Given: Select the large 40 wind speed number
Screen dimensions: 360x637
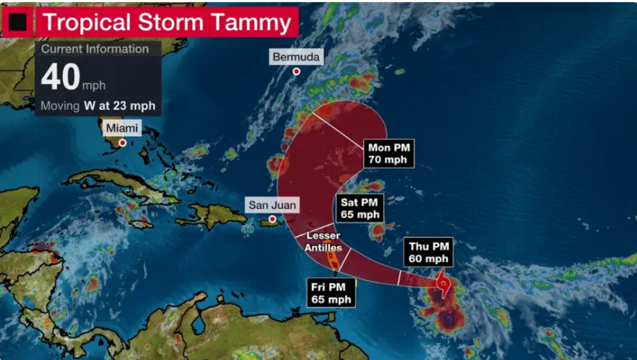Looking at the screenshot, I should point(61,77).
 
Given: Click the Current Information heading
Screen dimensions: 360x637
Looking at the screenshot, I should point(95,49).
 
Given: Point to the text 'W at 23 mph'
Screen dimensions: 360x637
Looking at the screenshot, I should point(119,106).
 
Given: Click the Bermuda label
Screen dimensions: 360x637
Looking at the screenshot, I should point(296,57).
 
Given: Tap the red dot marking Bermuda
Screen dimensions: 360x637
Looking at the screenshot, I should point(296,71).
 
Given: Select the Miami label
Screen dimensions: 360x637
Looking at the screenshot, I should point(122,128).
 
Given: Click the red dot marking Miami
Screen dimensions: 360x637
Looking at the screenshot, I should point(122,143).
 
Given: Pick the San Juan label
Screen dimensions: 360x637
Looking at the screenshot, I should point(272,206).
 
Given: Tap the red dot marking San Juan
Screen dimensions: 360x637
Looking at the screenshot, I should point(272,219).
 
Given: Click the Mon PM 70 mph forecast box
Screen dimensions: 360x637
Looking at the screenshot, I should point(388,153).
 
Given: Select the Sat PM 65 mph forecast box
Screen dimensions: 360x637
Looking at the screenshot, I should point(360,208).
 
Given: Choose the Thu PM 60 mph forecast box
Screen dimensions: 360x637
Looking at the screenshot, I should point(429,252).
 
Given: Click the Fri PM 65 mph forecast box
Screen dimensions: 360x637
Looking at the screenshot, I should point(331,293).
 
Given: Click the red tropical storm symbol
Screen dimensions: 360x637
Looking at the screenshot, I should point(443,283).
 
